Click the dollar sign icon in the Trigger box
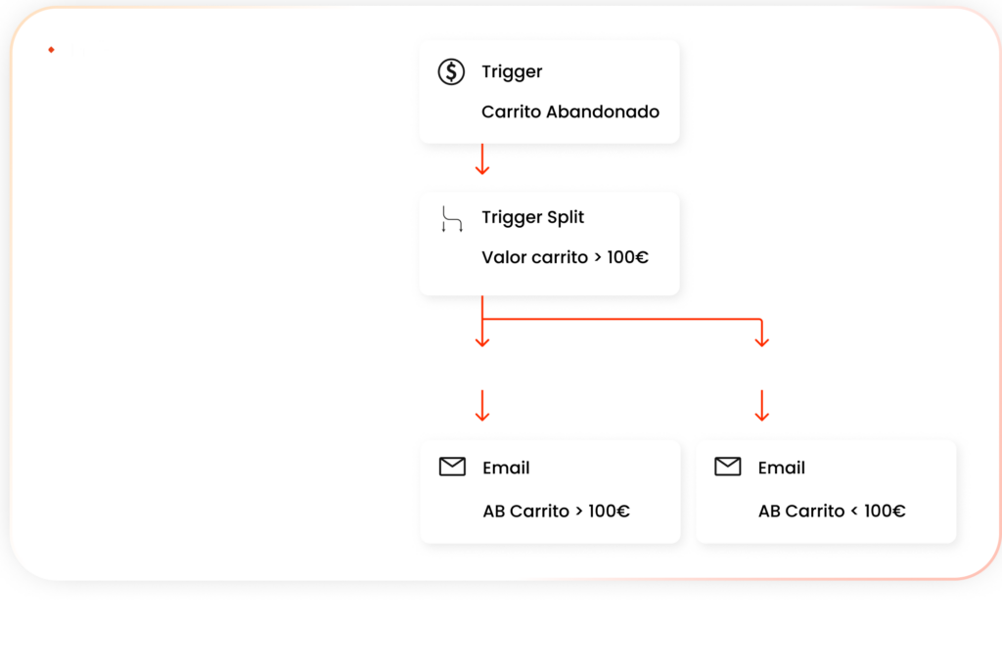click(451, 72)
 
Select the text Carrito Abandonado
click(569, 111)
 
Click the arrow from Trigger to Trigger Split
click(481, 160)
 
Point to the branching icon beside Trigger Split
click(451, 219)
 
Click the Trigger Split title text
click(532, 217)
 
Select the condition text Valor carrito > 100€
click(565, 258)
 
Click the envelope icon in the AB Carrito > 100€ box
click(452, 468)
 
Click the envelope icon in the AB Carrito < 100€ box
click(728, 468)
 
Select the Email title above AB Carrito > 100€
click(506, 468)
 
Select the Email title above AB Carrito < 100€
click(782, 468)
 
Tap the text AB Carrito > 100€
click(556, 511)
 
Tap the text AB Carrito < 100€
click(831, 511)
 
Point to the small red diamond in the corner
click(51, 50)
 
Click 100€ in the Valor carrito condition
click(627, 258)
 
